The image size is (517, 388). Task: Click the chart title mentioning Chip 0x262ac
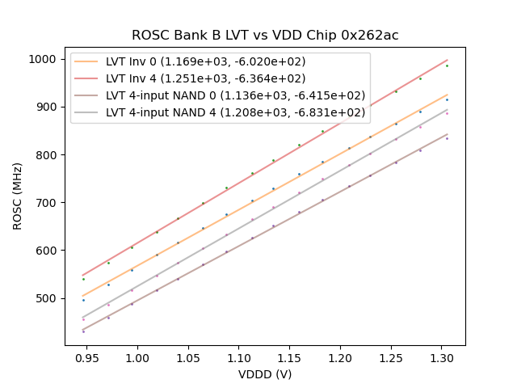click(x=265, y=36)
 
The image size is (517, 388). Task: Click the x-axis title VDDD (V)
click(x=265, y=374)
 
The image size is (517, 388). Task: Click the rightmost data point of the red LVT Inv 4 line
click(x=447, y=65)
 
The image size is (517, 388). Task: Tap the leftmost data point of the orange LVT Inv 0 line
click(x=83, y=300)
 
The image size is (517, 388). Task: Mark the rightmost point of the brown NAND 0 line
click(x=447, y=138)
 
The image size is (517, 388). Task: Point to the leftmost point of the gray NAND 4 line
click(x=83, y=319)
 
